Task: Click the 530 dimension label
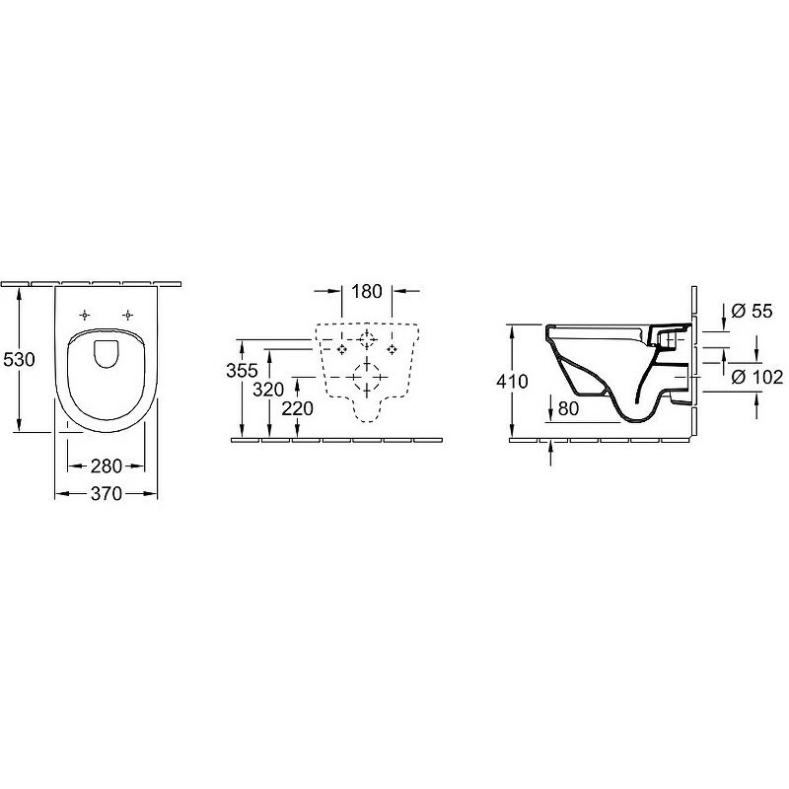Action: click(x=19, y=359)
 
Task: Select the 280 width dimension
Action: click(x=107, y=466)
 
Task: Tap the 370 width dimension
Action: click(x=107, y=494)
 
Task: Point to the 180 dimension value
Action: click(x=367, y=291)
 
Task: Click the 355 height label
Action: click(x=242, y=371)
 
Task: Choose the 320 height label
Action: click(x=268, y=389)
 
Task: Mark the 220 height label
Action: click(x=298, y=408)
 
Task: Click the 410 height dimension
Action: click(x=512, y=382)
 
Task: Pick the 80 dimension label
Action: click(x=569, y=408)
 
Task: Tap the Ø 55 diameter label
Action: click(x=752, y=311)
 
